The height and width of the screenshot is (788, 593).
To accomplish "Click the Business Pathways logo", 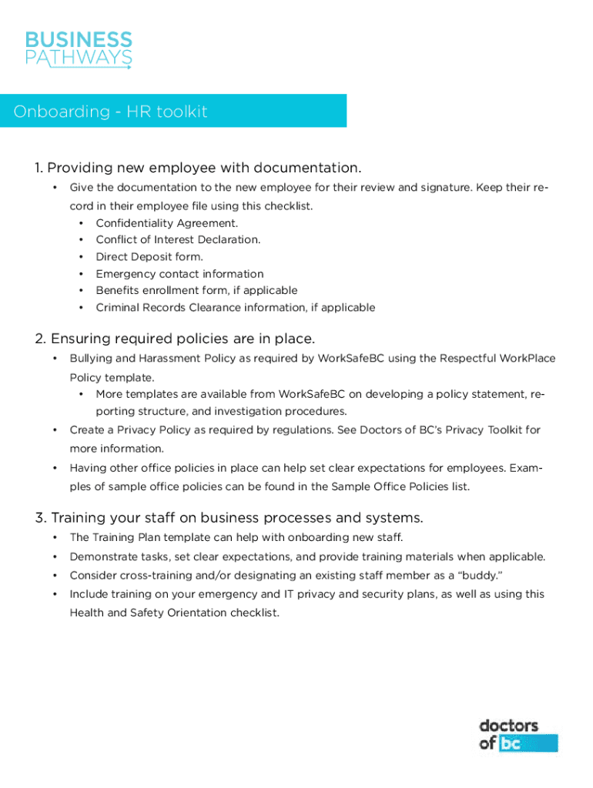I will [x=79, y=49].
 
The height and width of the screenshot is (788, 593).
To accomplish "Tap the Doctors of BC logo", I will [x=518, y=735].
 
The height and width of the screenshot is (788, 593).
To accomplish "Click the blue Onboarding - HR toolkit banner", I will [x=173, y=111].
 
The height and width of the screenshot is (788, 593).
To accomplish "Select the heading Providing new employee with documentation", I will [x=198, y=168].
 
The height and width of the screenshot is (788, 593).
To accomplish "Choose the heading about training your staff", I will [x=229, y=517].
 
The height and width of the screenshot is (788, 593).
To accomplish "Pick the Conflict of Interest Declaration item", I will [x=178, y=240].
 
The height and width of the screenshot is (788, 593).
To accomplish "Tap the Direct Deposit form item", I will [x=149, y=257].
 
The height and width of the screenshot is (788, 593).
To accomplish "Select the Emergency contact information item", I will [x=179, y=274].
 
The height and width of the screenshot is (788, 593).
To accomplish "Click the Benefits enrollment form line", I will [x=196, y=290].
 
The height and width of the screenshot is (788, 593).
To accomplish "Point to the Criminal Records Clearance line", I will [x=235, y=308].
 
